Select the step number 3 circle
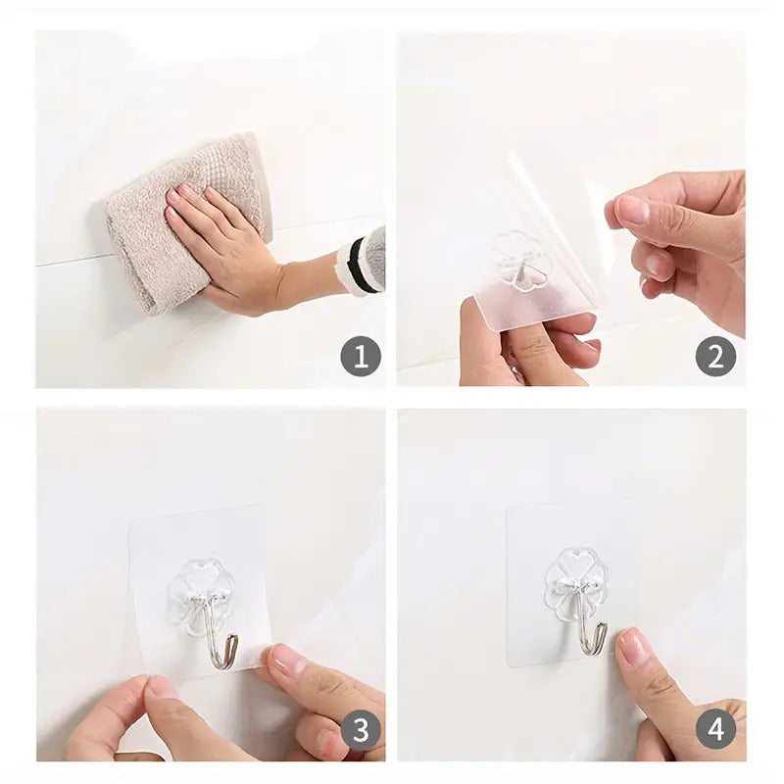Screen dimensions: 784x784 click(x=360, y=730)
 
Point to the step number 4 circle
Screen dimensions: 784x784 click(x=715, y=730)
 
